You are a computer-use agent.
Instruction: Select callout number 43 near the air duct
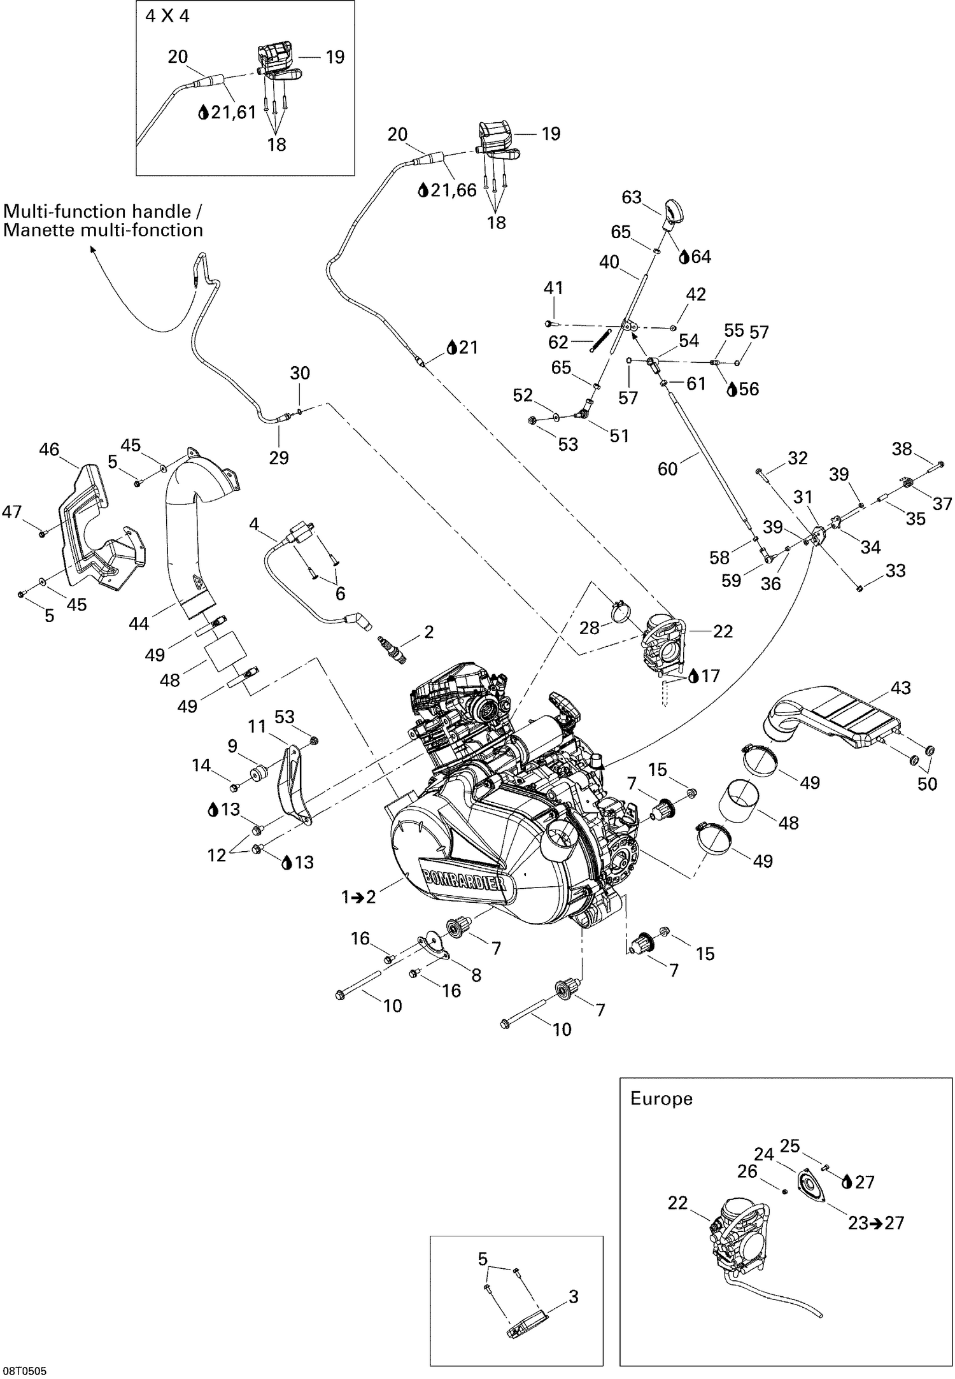click(900, 688)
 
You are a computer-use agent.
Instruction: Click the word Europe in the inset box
click(661, 1098)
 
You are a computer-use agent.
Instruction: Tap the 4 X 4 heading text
click(167, 17)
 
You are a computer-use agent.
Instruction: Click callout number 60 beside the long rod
click(667, 469)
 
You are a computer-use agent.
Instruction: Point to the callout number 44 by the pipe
click(139, 624)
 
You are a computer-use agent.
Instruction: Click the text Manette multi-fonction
click(103, 230)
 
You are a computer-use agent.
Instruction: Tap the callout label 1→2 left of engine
click(358, 897)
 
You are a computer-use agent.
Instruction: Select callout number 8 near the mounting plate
click(476, 975)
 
